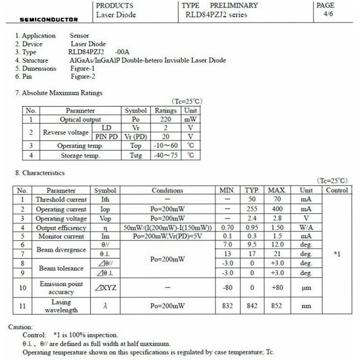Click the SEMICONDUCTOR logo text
(49, 19)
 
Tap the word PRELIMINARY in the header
(234, 5)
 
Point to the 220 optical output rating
(166, 120)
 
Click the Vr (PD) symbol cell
(136, 136)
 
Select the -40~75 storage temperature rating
(166, 156)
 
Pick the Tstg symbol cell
(136, 156)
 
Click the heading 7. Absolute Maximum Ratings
(59, 93)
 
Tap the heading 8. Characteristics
(40, 173)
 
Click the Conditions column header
(167, 190)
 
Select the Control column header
(337, 190)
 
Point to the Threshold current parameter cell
(61, 199)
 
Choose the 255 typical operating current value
(252, 209)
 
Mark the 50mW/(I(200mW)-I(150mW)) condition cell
(167, 228)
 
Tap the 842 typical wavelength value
(252, 306)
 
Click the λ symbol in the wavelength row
(105, 306)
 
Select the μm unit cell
(306, 288)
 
